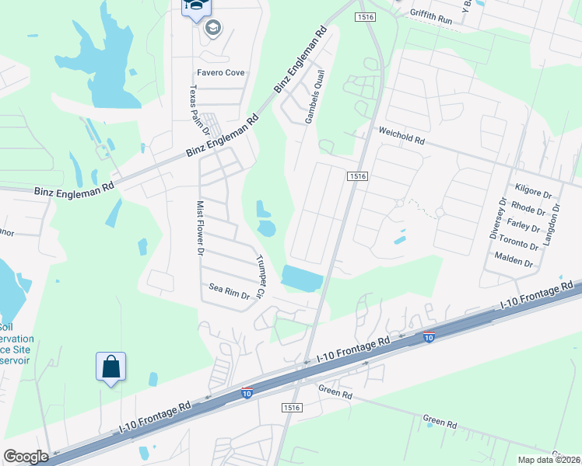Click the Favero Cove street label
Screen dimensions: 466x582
(x=220, y=72)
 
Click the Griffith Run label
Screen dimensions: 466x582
(x=430, y=16)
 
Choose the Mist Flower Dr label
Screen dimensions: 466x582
(x=199, y=228)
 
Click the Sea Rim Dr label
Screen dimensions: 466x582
(x=229, y=291)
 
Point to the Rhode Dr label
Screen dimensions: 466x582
(x=528, y=210)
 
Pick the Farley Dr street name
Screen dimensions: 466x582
(x=523, y=227)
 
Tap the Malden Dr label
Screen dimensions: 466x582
(x=513, y=263)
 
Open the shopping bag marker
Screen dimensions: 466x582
(x=111, y=367)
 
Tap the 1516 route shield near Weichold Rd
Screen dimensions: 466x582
(x=357, y=177)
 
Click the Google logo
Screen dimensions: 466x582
(x=26, y=457)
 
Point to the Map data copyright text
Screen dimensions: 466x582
(x=548, y=460)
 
